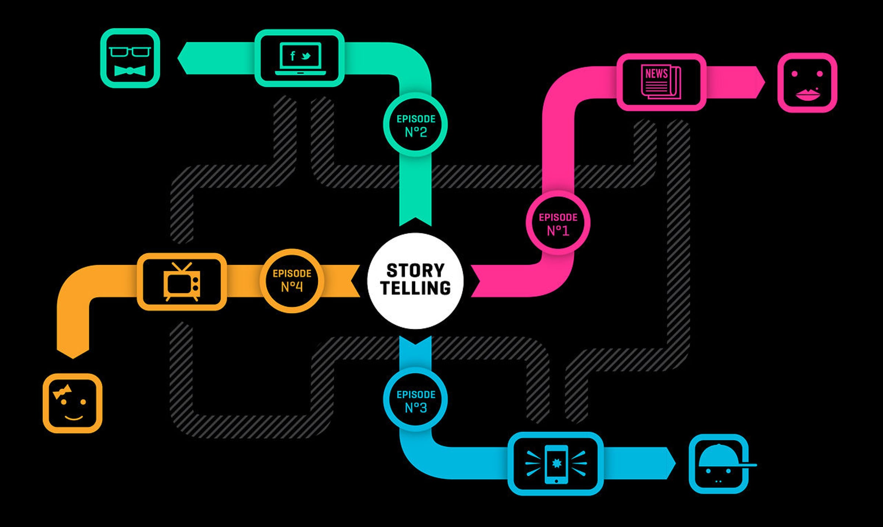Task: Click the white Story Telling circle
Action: pos(415,281)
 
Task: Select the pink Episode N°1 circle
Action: pos(558,223)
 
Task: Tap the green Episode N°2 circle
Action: pos(415,125)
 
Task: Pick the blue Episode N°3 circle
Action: pos(415,400)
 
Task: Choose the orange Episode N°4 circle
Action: pos(292,281)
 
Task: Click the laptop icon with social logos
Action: pos(300,58)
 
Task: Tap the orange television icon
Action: pos(182,282)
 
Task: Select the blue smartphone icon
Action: pos(556,464)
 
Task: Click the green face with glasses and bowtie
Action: pos(130,58)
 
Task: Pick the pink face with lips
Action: pos(807,83)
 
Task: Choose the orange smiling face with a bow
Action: pos(72,403)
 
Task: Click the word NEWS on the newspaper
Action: pos(656,74)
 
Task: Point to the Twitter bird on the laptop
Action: pos(306,56)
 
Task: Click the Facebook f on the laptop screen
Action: pos(292,56)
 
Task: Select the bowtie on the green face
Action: pos(130,71)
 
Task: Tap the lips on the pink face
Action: pos(807,95)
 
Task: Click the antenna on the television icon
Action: pos(182,267)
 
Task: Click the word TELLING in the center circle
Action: pos(415,288)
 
